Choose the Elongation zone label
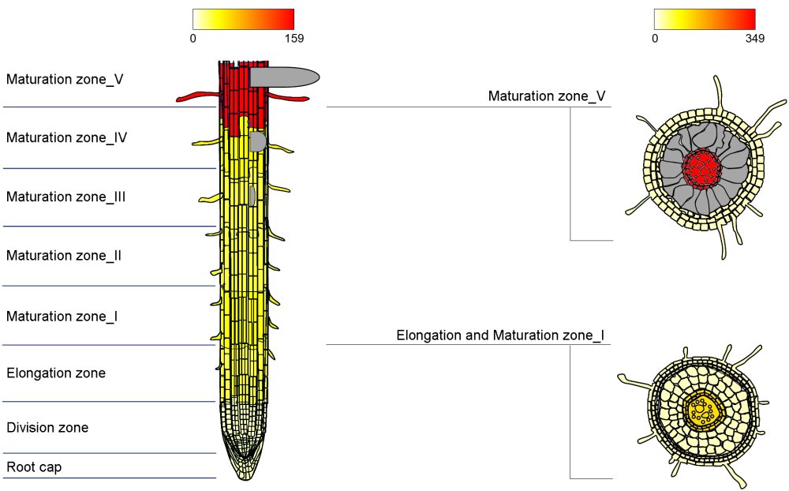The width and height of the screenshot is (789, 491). pyautogui.click(x=56, y=373)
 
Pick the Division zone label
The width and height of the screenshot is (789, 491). pyautogui.click(x=47, y=428)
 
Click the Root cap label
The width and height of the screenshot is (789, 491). pyautogui.click(x=34, y=467)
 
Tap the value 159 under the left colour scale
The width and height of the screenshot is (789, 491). pyautogui.click(x=293, y=38)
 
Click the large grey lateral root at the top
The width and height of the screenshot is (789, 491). pyautogui.click(x=284, y=77)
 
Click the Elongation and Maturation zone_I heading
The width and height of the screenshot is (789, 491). pyautogui.click(x=500, y=335)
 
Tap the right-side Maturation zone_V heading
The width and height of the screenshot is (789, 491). pyautogui.click(x=547, y=96)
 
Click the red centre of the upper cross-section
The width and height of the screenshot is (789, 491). pyautogui.click(x=701, y=167)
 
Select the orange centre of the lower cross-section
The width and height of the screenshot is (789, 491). pyautogui.click(x=701, y=410)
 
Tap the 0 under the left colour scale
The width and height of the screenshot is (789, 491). pyautogui.click(x=193, y=38)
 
